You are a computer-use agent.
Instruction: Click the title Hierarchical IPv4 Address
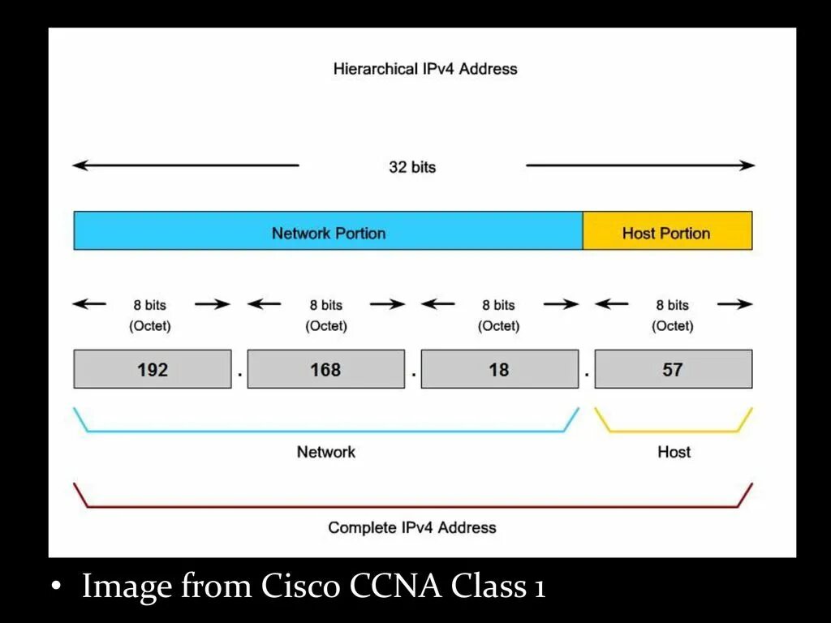click(424, 69)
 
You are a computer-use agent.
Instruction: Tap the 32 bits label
click(412, 167)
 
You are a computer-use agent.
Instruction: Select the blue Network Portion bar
click(328, 232)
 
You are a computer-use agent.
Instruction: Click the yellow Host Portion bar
click(667, 232)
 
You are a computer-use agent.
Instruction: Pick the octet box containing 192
click(153, 369)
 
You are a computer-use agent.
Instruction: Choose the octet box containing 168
click(325, 369)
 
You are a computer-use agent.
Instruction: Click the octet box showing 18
click(499, 369)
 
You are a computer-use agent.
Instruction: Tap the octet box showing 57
click(673, 369)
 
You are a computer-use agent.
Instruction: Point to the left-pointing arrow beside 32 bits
click(186, 165)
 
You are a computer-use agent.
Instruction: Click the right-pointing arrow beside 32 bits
click(640, 165)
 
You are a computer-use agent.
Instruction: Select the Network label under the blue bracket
click(325, 452)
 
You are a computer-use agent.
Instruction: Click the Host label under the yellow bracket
click(674, 452)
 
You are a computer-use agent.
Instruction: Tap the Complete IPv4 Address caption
click(411, 527)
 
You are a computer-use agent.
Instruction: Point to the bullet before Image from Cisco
click(56, 587)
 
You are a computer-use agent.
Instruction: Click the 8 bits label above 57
click(672, 305)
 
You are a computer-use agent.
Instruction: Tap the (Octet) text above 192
click(150, 326)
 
